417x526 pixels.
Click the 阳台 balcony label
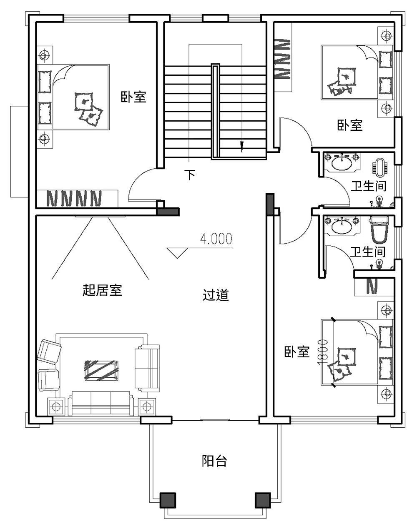(214, 461)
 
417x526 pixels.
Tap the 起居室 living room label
(102, 290)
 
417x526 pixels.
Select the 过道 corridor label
(216, 295)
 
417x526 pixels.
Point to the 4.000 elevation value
(216, 239)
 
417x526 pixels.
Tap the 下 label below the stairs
(190, 175)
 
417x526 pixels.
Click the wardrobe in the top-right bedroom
(282, 59)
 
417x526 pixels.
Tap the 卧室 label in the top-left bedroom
(133, 97)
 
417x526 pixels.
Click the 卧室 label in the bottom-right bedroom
(297, 352)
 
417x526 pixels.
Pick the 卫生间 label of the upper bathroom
(369, 186)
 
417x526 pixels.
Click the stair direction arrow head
(241, 145)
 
